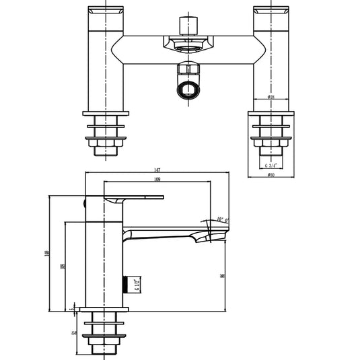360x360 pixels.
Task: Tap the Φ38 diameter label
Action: (x=270, y=97)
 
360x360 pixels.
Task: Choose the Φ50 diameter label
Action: (x=270, y=176)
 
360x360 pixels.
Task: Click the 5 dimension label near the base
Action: (x=73, y=309)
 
